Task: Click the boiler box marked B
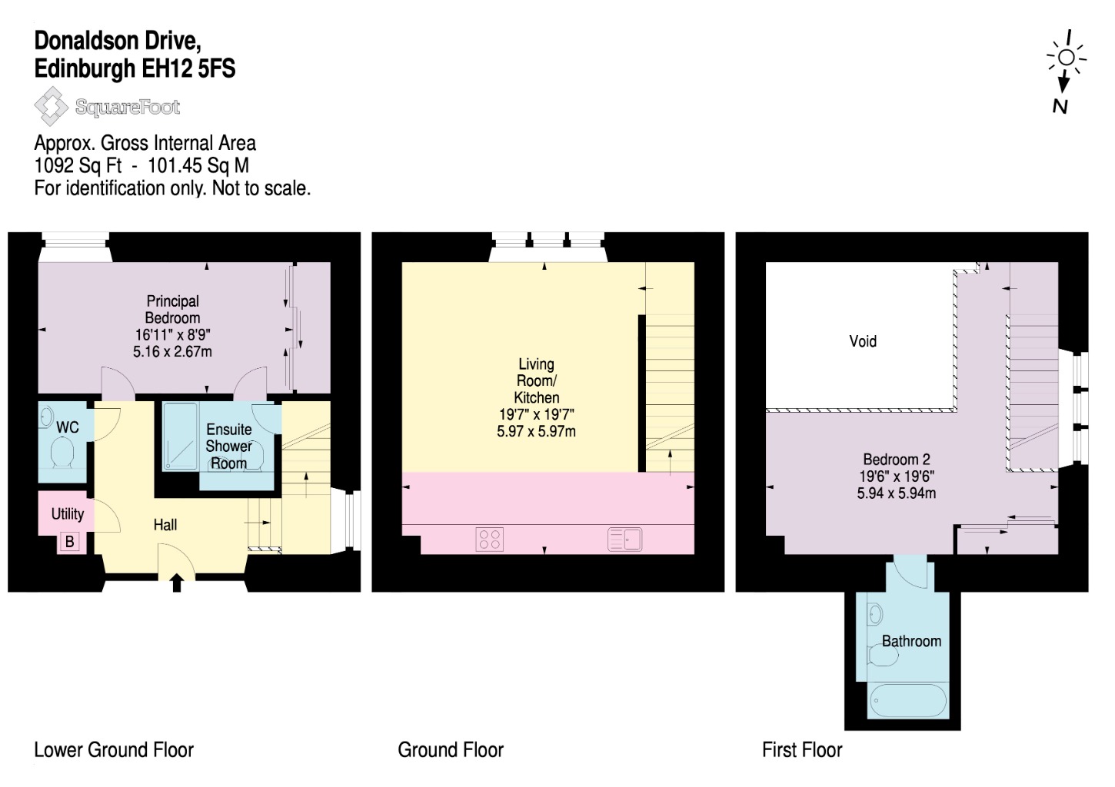coord(70,541)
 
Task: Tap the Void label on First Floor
coord(863,341)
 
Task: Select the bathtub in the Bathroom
coord(908,700)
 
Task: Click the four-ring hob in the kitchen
coord(489,539)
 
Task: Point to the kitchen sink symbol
coord(624,540)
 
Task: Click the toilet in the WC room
coord(62,452)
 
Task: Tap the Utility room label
coord(68,513)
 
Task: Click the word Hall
coord(165,524)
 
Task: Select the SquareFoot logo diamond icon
coord(52,107)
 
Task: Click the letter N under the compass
coord(1060,107)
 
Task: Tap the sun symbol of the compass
coord(1067,58)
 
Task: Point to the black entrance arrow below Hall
coord(177,583)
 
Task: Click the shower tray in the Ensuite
coord(180,436)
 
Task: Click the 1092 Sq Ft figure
coord(78,165)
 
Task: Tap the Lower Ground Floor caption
coord(114,749)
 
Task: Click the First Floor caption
coord(802,749)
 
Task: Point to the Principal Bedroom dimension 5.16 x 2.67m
coord(172,352)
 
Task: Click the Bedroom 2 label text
coord(897,459)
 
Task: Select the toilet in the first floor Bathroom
coord(883,655)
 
